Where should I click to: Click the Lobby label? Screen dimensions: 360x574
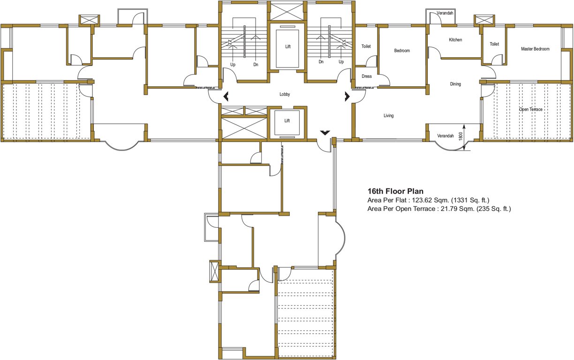(x=285, y=94)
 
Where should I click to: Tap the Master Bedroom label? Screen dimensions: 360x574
(x=535, y=49)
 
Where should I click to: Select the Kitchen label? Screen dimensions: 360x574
(x=455, y=40)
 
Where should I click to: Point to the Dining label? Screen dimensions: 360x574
(x=455, y=84)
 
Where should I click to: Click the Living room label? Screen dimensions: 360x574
(x=388, y=116)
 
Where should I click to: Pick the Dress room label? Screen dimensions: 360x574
(x=367, y=76)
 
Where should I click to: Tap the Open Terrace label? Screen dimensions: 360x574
(x=530, y=109)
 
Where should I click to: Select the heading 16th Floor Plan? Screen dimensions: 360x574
(x=395, y=191)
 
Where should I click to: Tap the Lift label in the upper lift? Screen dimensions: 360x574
(x=288, y=47)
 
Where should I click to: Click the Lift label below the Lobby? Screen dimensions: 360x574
(x=287, y=120)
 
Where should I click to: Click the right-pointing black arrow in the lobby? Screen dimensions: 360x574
(x=347, y=97)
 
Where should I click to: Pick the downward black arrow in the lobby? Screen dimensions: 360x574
(x=325, y=134)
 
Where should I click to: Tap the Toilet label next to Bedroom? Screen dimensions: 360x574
(x=366, y=46)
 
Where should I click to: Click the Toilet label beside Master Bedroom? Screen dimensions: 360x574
(x=494, y=44)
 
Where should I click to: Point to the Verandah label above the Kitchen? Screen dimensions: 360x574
(x=445, y=13)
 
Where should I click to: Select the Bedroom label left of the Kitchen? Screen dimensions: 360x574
(x=402, y=51)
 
